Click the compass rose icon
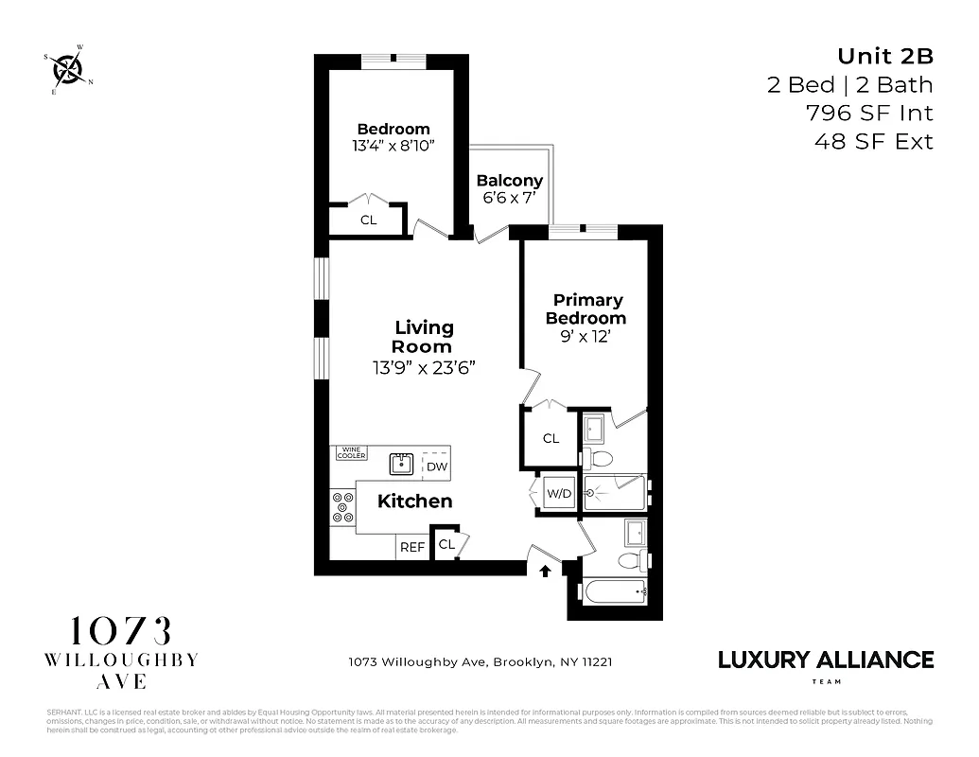click(68, 68)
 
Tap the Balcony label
click(509, 181)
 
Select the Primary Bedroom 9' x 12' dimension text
click(586, 337)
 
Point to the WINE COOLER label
click(351, 453)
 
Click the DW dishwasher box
click(436, 466)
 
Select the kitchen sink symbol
click(402, 464)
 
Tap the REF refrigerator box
click(411, 547)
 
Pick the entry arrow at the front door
click(545, 571)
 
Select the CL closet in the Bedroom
click(368, 220)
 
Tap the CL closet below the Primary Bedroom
click(551, 438)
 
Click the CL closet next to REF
click(446, 545)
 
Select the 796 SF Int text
click(868, 114)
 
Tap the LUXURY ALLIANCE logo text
click(826, 660)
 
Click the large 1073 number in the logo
click(122, 631)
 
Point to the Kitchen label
click(414, 502)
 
